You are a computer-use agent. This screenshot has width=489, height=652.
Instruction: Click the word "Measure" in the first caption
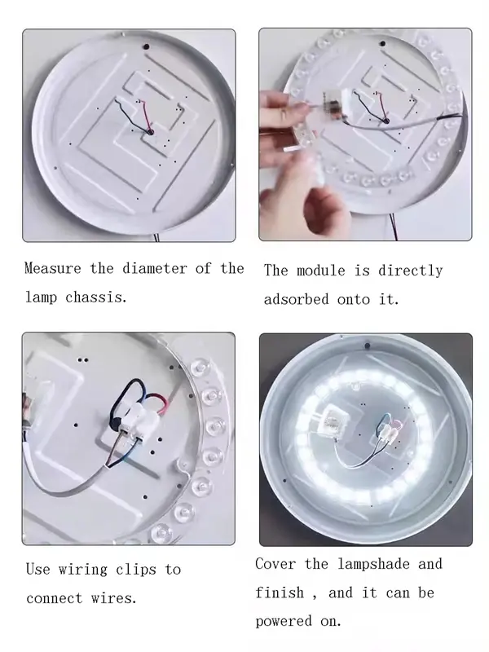pyautogui.click(x=53, y=268)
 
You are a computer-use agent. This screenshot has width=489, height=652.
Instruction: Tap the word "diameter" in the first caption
pyautogui.click(x=155, y=268)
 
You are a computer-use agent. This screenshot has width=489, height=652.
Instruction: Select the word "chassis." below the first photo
pyautogui.click(x=96, y=297)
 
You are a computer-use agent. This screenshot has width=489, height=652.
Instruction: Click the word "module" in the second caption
pyautogui.click(x=320, y=271)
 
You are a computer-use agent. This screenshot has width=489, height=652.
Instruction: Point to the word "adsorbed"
pyautogui.click(x=297, y=299)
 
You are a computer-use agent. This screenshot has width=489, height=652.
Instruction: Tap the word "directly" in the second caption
pyautogui.click(x=411, y=271)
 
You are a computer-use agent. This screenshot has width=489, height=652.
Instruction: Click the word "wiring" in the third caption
pyautogui.click(x=83, y=569)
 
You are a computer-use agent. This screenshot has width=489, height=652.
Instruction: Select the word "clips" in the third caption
pyautogui.click(x=136, y=569)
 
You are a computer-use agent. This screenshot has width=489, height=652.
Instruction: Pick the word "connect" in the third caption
pyautogui.click(x=55, y=598)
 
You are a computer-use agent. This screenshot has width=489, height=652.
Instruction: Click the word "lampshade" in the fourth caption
pyautogui.click(x=374, y=564)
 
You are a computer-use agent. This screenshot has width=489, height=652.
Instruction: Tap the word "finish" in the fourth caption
pyautogui.click(x=280, y=593)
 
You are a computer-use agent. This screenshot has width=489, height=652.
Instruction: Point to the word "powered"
pyautogui.click(x=284, y=622)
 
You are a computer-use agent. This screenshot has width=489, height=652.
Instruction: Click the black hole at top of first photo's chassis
pyautogui.click(x=147, y=47)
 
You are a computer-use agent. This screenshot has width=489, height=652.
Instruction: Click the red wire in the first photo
pyautogui.click(x=147, y=113)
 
